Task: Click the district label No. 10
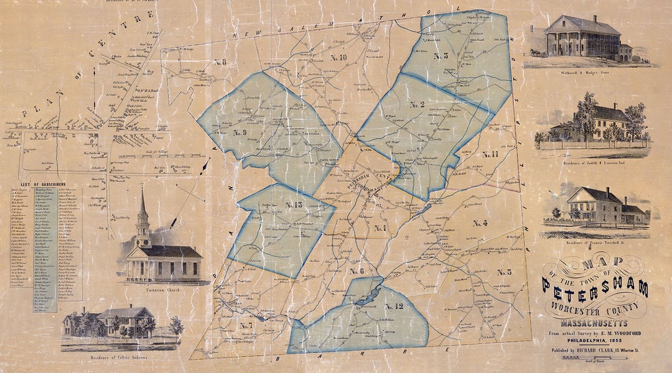coord(339,58)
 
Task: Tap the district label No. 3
coord(441,56)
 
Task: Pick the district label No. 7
coord(246,326)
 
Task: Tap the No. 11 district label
coord(490,154)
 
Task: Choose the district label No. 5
coord(504,272)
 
